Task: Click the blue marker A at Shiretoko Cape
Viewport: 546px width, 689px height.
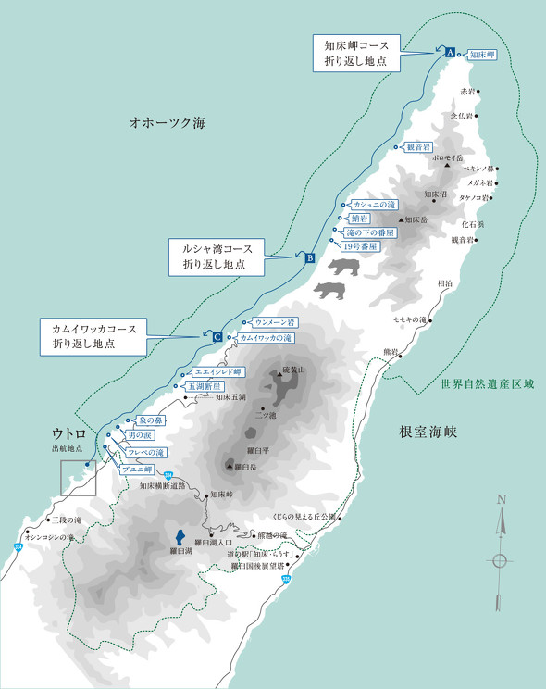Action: pos(450,54)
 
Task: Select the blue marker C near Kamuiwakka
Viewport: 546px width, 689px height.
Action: pos(217,337)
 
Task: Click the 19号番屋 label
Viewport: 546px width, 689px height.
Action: pos(359,246)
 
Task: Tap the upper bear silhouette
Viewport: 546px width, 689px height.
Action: pos(342,269)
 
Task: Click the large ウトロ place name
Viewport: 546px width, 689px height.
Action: pos(70,433)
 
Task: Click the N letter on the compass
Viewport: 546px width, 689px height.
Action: pos(501,499)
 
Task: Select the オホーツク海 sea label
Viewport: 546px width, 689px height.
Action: pos(168,122)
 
